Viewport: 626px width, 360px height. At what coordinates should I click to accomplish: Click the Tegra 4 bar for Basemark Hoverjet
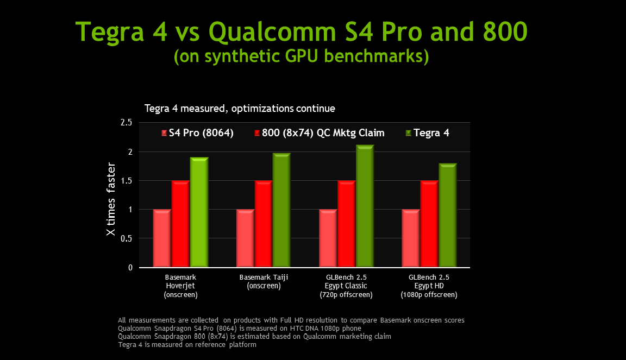point(199,212)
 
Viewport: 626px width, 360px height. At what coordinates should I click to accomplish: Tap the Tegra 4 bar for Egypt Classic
point(365,206)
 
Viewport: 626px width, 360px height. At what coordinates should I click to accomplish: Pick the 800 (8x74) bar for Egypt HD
point(429,224)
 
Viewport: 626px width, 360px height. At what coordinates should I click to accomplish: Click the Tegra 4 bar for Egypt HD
point(448,215)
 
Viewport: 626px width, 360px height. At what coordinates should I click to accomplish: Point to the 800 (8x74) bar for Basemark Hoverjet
point(180,224)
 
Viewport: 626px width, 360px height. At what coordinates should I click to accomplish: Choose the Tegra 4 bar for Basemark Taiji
point(281,210)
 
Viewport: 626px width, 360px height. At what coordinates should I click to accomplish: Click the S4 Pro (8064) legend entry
point(197,133)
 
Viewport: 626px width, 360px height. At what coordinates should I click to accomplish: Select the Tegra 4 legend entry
point(428,133)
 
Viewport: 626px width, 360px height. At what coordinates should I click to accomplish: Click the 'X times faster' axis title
point(111,199)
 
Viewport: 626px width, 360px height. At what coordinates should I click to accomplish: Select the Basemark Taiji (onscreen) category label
point(264,281)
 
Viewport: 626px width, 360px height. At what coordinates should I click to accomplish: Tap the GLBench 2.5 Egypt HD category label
point(429,286)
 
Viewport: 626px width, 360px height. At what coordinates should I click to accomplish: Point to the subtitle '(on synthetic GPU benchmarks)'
point(301,56)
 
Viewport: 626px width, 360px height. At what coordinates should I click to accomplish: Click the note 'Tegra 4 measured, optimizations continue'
point(240,109)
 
